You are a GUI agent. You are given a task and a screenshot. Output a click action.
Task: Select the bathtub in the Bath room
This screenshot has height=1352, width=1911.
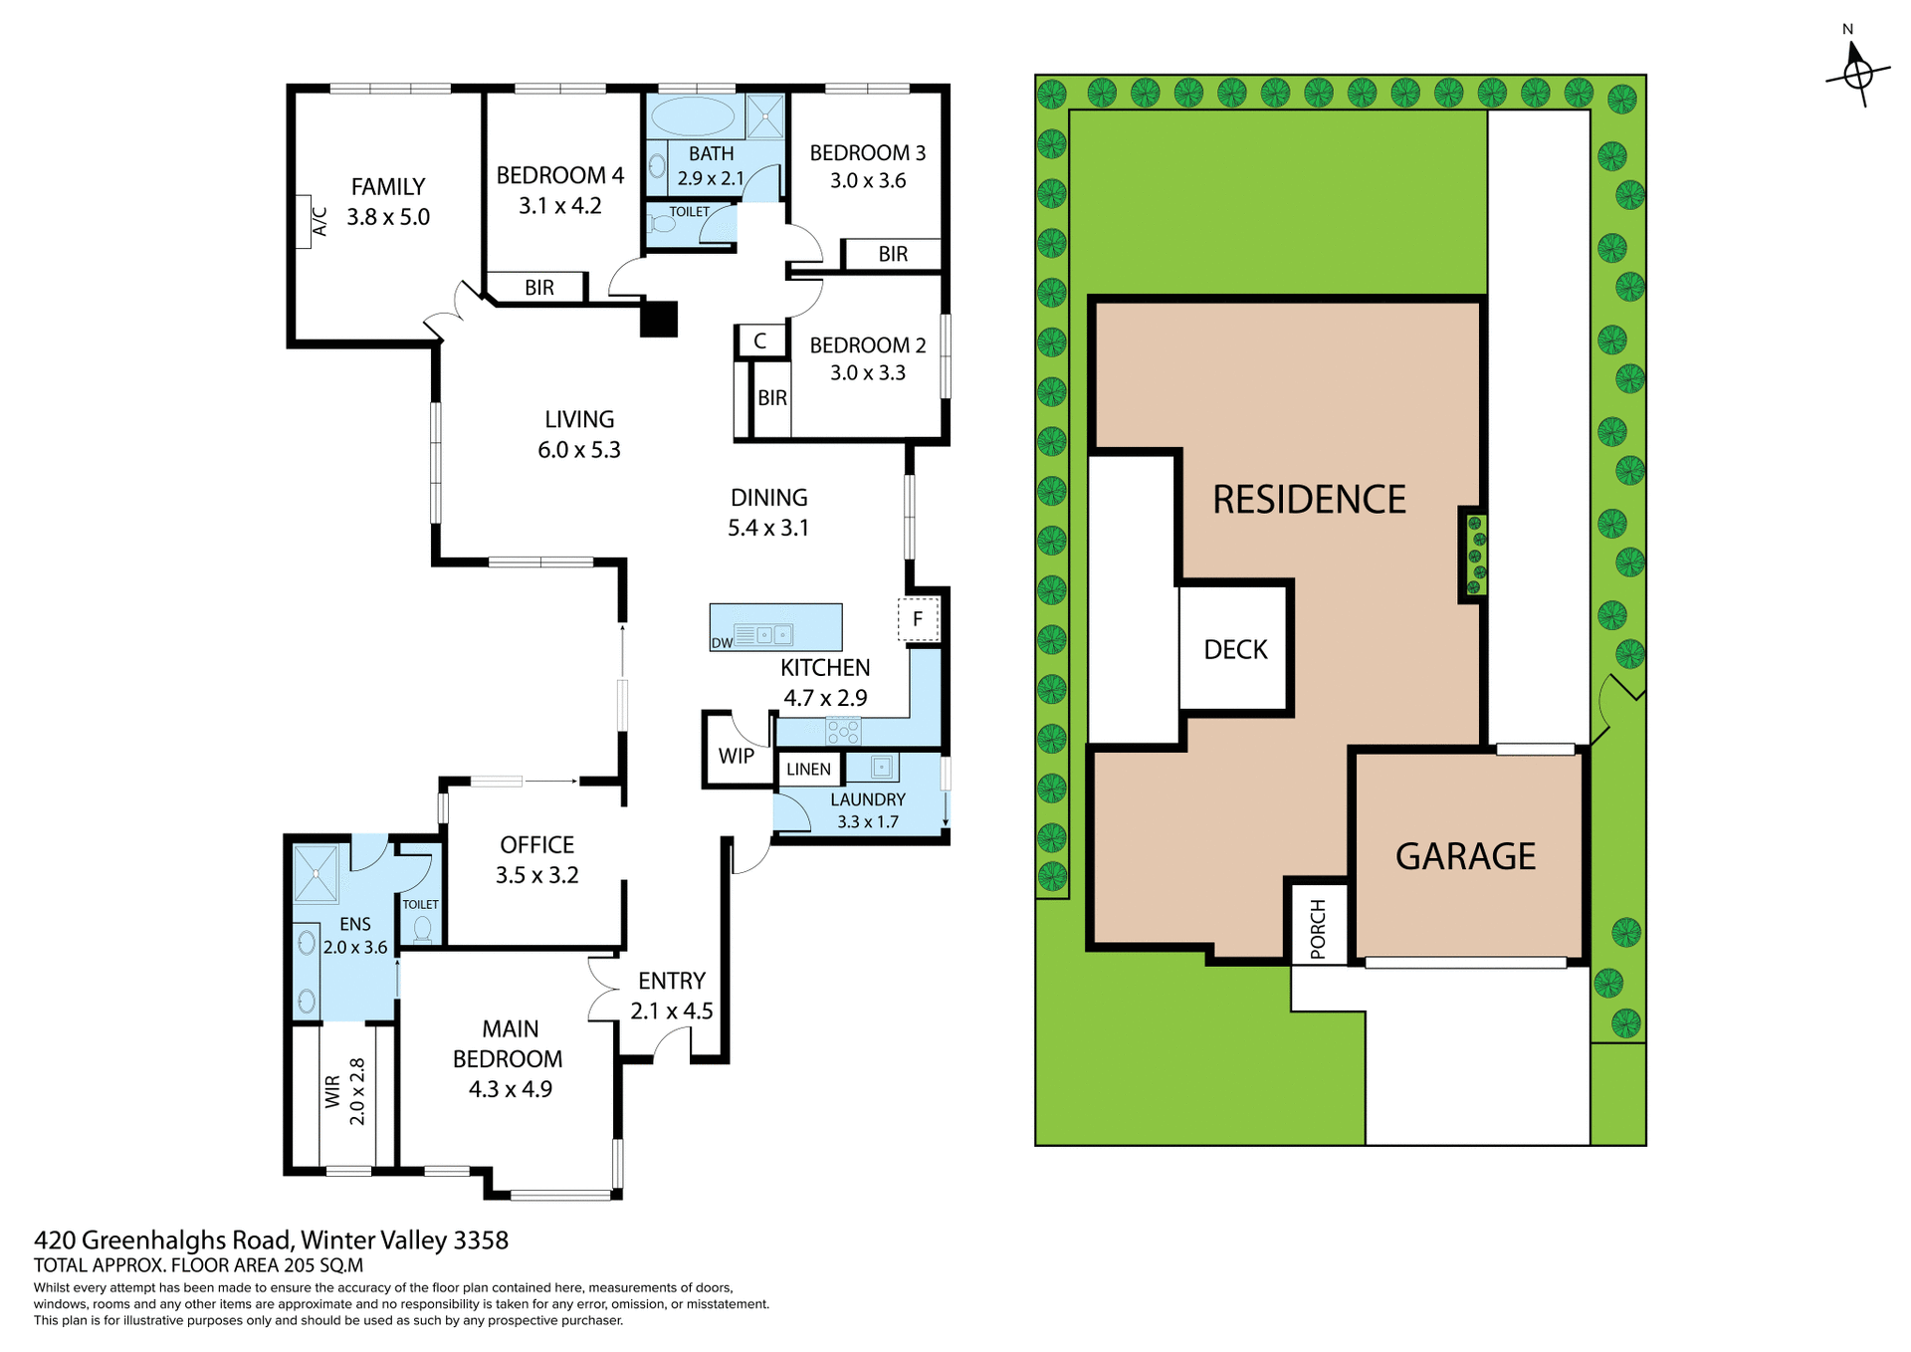click(x=693, y=116)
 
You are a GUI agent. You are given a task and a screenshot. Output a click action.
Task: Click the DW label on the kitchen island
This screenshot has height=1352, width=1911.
click(x=722, y=643)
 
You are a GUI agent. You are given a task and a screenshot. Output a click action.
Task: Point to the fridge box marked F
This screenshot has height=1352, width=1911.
click(x=918, y=619)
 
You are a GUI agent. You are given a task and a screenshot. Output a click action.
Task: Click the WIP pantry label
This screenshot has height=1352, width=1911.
click(x=736, y=756)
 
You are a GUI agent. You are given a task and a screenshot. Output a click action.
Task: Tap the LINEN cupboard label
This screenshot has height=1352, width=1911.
click(x=808, y=770)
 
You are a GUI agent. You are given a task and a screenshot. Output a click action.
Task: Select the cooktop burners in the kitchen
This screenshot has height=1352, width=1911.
click(x=843, y=732)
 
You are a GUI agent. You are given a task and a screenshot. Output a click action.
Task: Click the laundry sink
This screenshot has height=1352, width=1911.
click(x=882, y=767)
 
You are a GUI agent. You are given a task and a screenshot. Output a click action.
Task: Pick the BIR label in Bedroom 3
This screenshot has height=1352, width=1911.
click(x=893, y=255)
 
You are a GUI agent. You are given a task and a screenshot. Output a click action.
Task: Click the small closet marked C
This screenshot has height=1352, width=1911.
click(x=759, y=341)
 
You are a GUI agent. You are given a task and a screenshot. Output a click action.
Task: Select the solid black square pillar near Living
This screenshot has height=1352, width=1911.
click(x=659, y=319)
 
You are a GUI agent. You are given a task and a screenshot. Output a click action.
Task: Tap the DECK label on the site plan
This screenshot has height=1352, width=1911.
click(x=1235, y=650)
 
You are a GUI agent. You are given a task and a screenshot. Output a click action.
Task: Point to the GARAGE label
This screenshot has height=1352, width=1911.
click(x=1465, y=856)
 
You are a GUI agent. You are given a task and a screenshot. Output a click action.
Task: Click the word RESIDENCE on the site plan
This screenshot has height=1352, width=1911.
click(x=1309, y=500)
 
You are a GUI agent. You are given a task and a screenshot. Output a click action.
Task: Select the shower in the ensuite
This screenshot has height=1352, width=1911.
click(x=317, y=873)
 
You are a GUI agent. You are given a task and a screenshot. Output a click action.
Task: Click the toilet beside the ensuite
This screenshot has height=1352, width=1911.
click(x=422, y=930)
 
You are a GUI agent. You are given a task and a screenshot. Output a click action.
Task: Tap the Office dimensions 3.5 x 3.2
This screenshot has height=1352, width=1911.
click(x=536, y=875)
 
